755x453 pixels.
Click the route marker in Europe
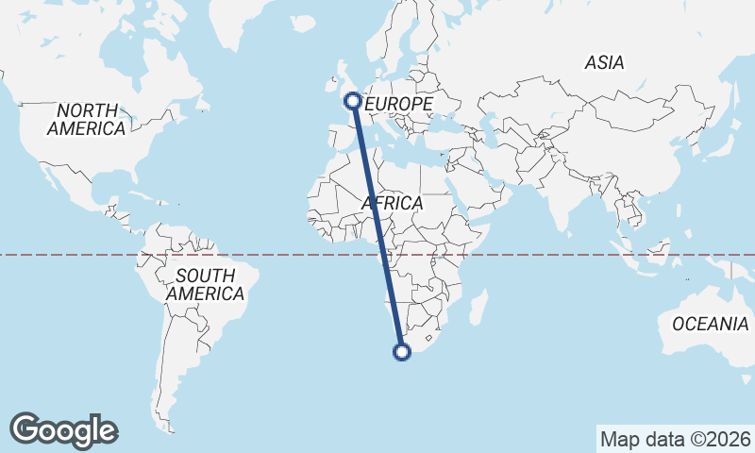352,100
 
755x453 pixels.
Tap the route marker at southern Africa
402,353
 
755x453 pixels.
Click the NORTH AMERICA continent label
87,120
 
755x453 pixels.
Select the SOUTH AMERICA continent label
205,284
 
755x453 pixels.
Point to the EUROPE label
398,103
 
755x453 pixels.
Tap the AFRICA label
393,203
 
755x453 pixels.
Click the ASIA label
604,63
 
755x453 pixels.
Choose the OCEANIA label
711,324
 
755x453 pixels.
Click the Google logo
63,430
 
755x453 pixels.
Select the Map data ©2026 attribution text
676,439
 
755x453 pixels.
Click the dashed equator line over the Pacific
57,255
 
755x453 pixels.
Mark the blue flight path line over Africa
377,226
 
